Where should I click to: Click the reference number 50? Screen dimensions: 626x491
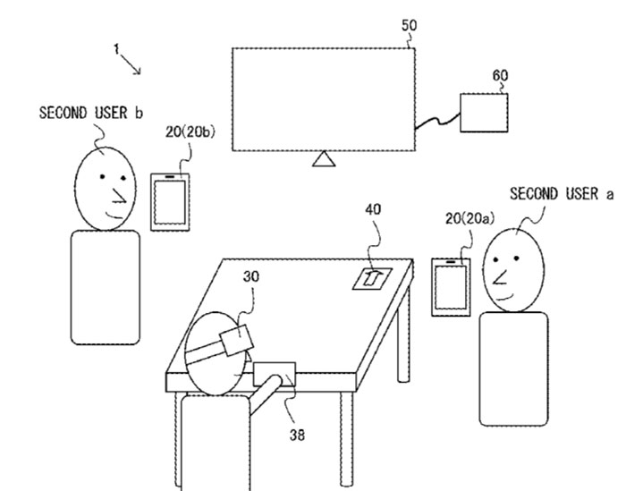409,26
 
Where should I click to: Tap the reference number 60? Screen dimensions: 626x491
500,75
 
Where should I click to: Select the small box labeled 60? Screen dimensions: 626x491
484,113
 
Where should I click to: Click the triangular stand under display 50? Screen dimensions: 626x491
324,158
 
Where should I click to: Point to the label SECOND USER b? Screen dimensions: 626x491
91,113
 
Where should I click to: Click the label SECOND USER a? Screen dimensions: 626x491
562,194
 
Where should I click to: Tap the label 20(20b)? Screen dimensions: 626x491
190,131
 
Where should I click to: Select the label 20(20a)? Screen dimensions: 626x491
469,218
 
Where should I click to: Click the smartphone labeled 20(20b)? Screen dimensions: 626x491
170,202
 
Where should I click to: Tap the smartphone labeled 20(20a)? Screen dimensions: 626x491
451,287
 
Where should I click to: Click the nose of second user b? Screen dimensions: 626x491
119,195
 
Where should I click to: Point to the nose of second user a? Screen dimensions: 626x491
500,277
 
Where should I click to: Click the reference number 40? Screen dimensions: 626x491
373,209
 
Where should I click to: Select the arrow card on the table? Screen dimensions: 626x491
373,278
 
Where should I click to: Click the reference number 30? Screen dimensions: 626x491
250,276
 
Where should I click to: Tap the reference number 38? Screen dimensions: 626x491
297,435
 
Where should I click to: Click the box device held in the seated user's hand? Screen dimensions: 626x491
275,374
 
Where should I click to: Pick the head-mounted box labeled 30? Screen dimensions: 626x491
237,339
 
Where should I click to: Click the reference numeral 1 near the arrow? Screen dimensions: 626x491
116,49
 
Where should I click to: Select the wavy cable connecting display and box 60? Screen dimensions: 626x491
438,121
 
